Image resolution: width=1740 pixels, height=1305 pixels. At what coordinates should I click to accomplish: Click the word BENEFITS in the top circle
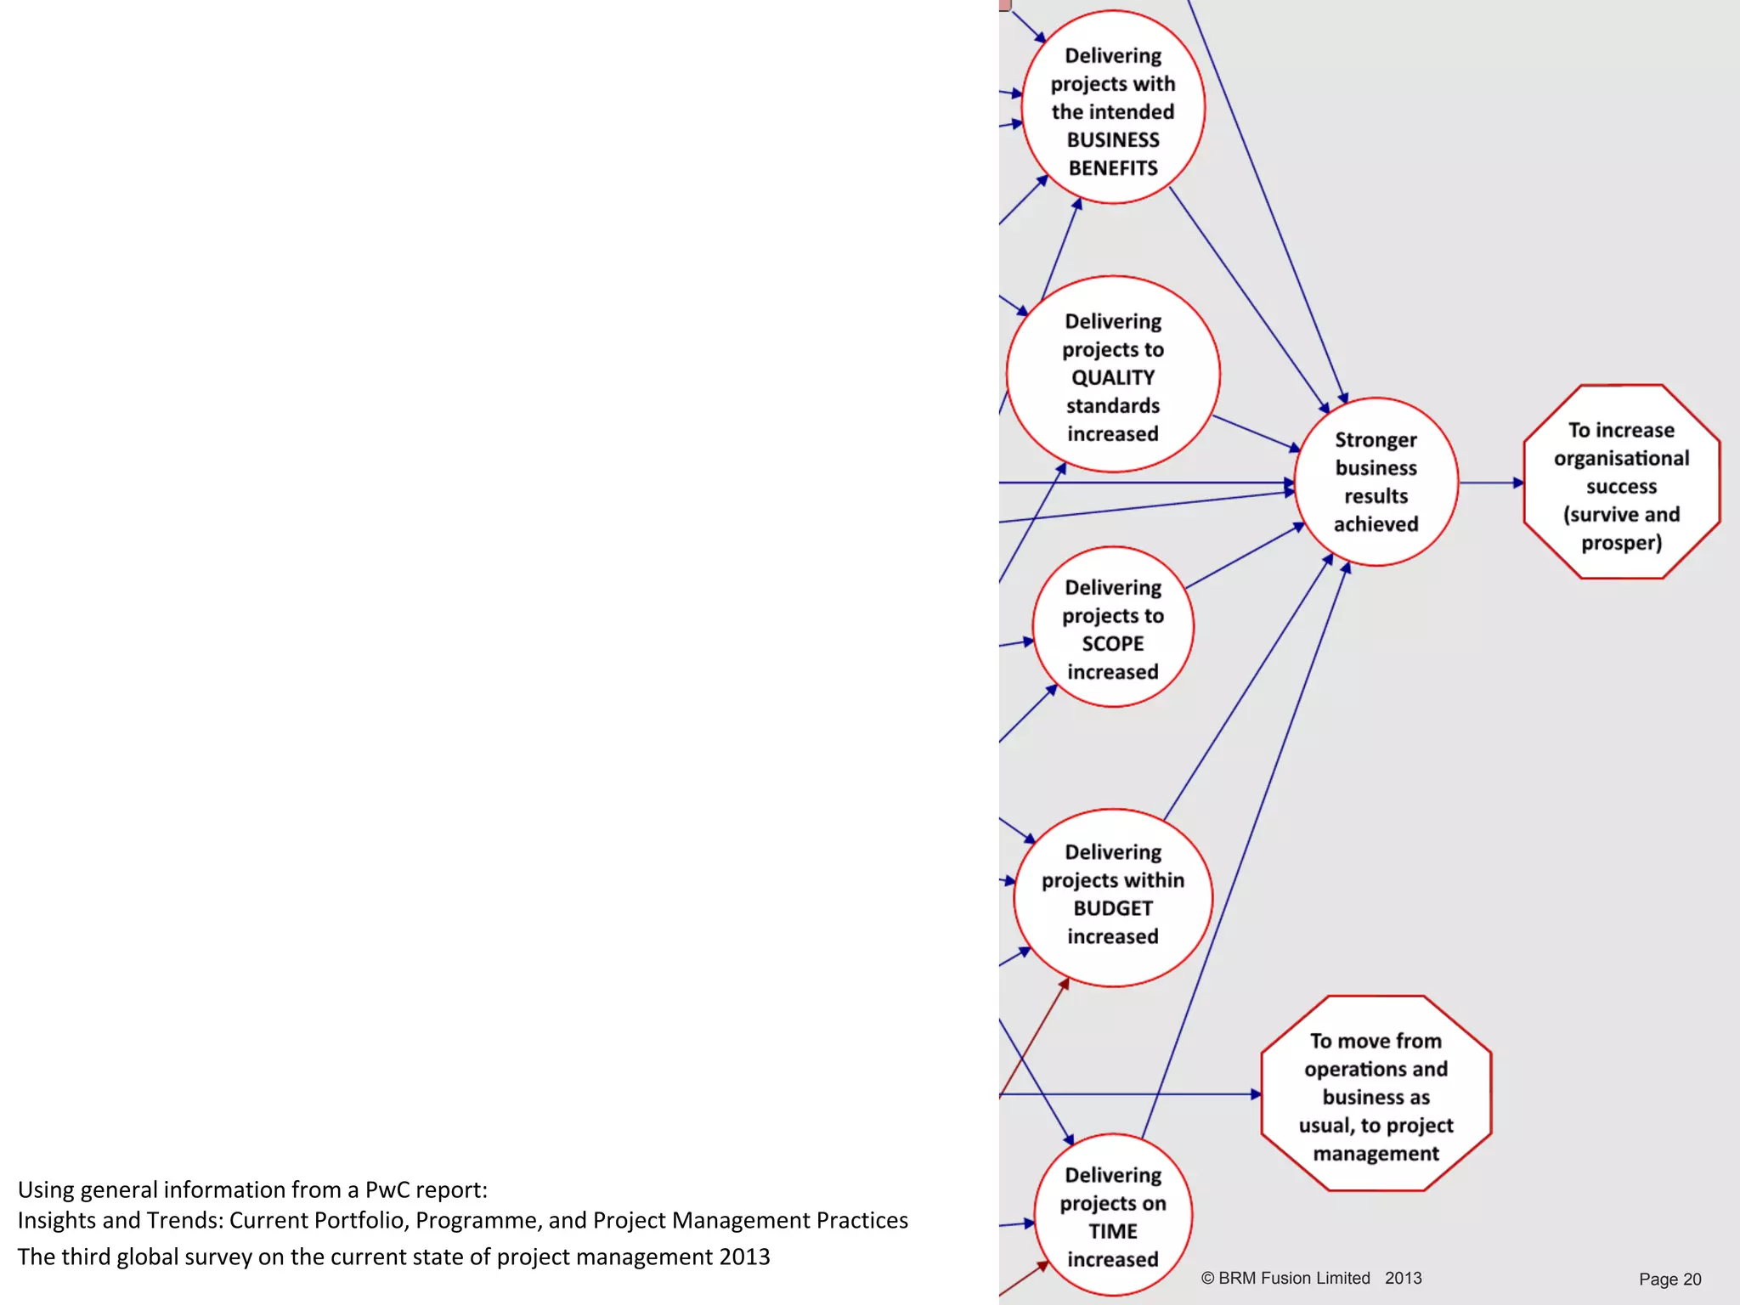click(1112, 168)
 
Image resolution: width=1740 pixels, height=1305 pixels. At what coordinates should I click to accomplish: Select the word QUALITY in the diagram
click(1112, 377)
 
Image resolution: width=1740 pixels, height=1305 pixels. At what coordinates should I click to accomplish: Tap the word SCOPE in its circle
click(1112, 644)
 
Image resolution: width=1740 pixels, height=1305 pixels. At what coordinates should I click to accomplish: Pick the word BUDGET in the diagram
click(1112, 908)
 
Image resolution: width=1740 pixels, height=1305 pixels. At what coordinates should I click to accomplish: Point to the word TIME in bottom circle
click(1112, 1231)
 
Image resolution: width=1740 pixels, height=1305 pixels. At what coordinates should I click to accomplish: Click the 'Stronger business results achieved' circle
click(1376, 482)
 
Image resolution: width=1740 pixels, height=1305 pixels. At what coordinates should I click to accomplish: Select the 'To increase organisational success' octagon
click(1621, 482)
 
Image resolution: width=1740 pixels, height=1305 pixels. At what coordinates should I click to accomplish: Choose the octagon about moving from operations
click(1376, 1094)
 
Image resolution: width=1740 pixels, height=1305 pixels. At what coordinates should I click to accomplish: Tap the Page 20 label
click(1669, 1280)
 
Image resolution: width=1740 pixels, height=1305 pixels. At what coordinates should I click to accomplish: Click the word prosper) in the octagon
click(1621, 543)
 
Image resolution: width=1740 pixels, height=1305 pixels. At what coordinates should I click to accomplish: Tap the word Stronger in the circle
click(1376, 440)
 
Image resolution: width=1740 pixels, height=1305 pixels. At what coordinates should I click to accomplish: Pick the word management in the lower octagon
click(1376, 1154)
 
